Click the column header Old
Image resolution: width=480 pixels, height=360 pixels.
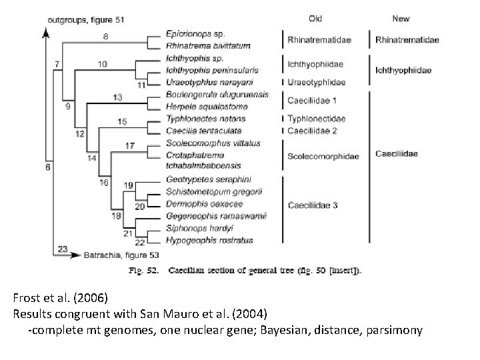(317, 19)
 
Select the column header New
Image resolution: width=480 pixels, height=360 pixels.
(401, 19)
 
